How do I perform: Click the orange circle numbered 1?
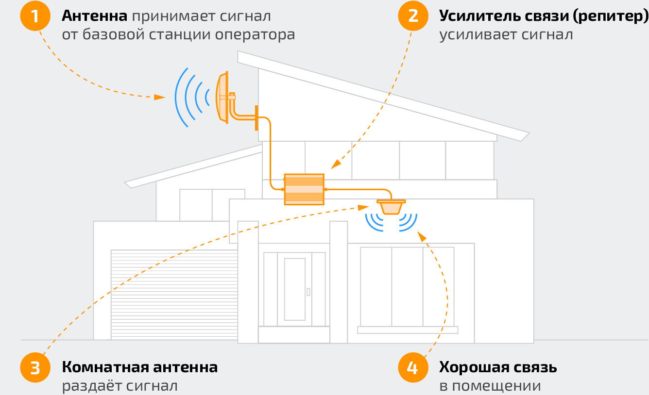tap(35, 16)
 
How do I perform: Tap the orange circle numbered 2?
tap(413, 16)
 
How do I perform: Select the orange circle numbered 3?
tap(35, 368)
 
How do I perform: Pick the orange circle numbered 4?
tap(413, 368)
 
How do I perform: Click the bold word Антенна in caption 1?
tap(94, 16)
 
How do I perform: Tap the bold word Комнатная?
tap(105, 367)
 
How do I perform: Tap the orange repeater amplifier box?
tap(304, 189)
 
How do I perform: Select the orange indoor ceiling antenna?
tap(391, 206)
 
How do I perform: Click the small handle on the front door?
tap(308, 292)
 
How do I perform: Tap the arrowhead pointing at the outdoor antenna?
tap(159, 97)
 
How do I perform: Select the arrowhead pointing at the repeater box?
tap(335, 165)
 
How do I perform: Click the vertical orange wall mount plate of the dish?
tap(256, 118)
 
